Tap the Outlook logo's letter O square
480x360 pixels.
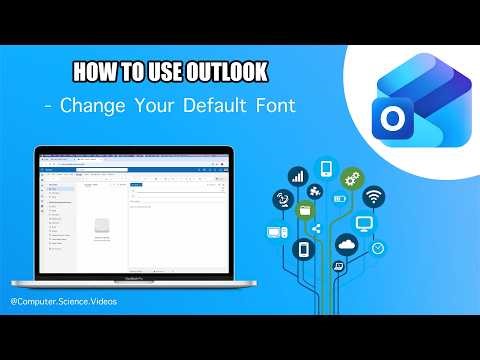point(391,117)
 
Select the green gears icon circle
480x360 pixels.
point(351,180)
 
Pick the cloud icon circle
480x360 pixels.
point(347,243)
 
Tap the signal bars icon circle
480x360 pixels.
point(297,176)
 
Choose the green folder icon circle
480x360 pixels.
point(306,211)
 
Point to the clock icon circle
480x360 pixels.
point(377,248)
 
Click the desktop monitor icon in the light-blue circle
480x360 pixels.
point(365,223)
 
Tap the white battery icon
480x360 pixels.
point(338,199)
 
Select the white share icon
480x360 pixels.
point(316,228)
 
